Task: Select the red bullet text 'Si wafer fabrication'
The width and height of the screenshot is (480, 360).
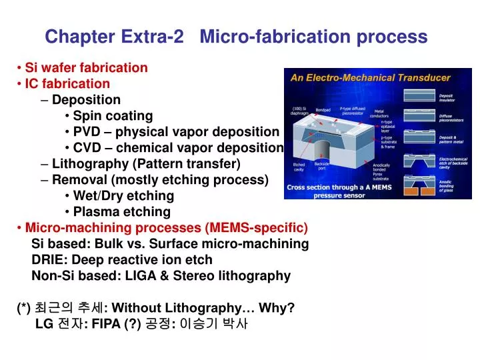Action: pos(86,67)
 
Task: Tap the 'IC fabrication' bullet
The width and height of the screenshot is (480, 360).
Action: pos(67,84)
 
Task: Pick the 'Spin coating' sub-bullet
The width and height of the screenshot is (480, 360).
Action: pos(113,116)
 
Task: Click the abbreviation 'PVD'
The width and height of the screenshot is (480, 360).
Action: pos(85,132)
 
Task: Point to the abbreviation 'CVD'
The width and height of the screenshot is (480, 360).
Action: pos(85,148)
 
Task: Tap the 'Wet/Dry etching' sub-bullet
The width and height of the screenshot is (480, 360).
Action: pos(123,195)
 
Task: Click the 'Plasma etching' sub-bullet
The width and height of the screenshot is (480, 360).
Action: pos(121,212)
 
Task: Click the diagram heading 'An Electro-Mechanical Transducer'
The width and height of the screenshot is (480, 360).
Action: pos(370,77)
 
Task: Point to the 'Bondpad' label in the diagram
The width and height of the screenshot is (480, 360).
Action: pos(323,110)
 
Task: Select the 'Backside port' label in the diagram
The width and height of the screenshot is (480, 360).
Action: pos(322,167)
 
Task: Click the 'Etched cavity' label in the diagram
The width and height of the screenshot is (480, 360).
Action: pos(299,167)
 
